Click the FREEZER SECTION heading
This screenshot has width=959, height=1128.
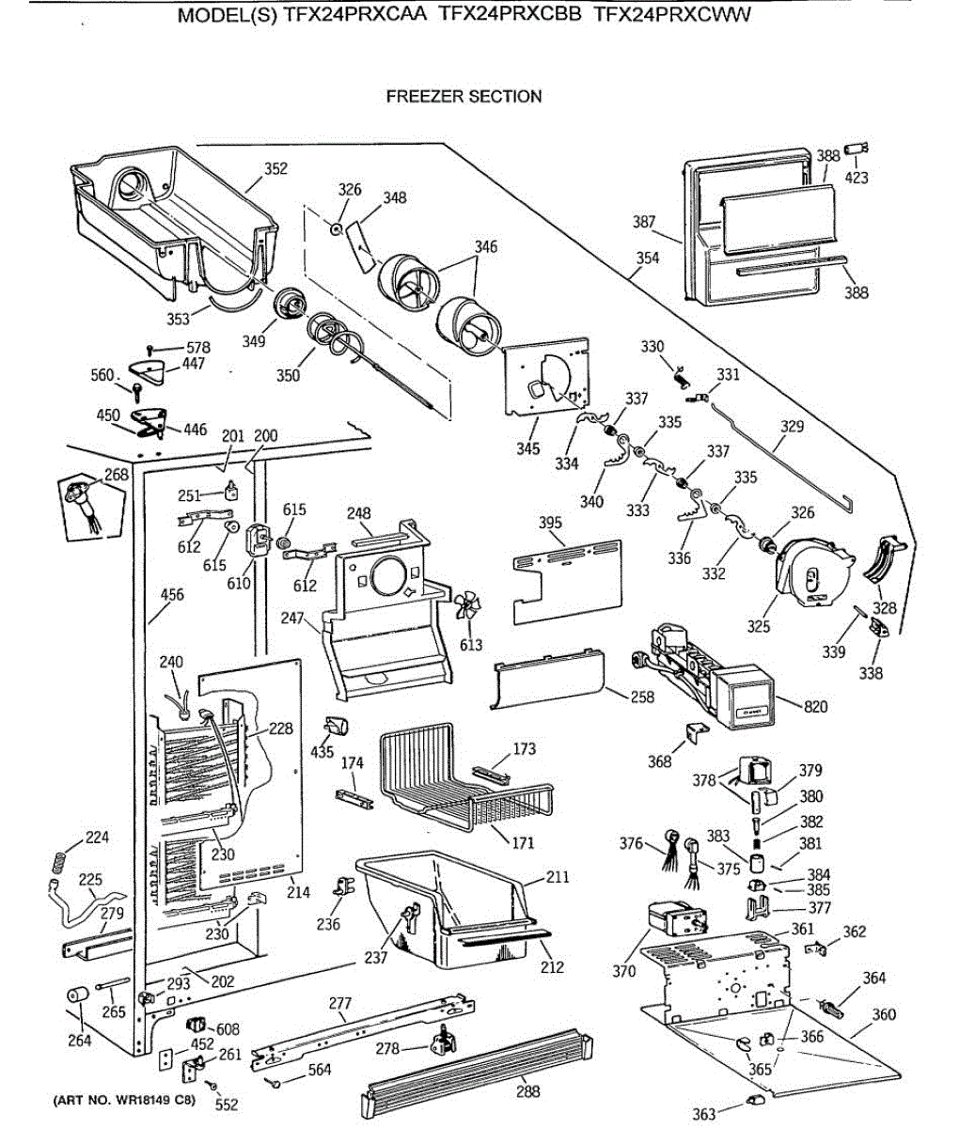(464, 97)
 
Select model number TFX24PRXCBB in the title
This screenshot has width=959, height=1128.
(510, 14)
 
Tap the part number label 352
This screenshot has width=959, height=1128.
(275, 168)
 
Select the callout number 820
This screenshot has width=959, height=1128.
(815, 707)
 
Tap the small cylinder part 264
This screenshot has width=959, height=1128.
(77, 995)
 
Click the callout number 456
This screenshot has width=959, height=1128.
(172, 595)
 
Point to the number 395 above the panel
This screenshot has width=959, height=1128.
(550, 523)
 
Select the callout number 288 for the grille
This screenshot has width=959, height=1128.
(527, 1091)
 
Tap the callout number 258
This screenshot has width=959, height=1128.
(642, 697)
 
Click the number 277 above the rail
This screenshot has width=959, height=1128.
(340, 1003)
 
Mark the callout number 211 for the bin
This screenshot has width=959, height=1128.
(558, 877)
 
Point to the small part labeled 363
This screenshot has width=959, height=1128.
(755, 1100)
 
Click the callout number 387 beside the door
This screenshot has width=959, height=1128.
(644, 222)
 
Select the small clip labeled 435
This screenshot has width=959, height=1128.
(337, 728)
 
